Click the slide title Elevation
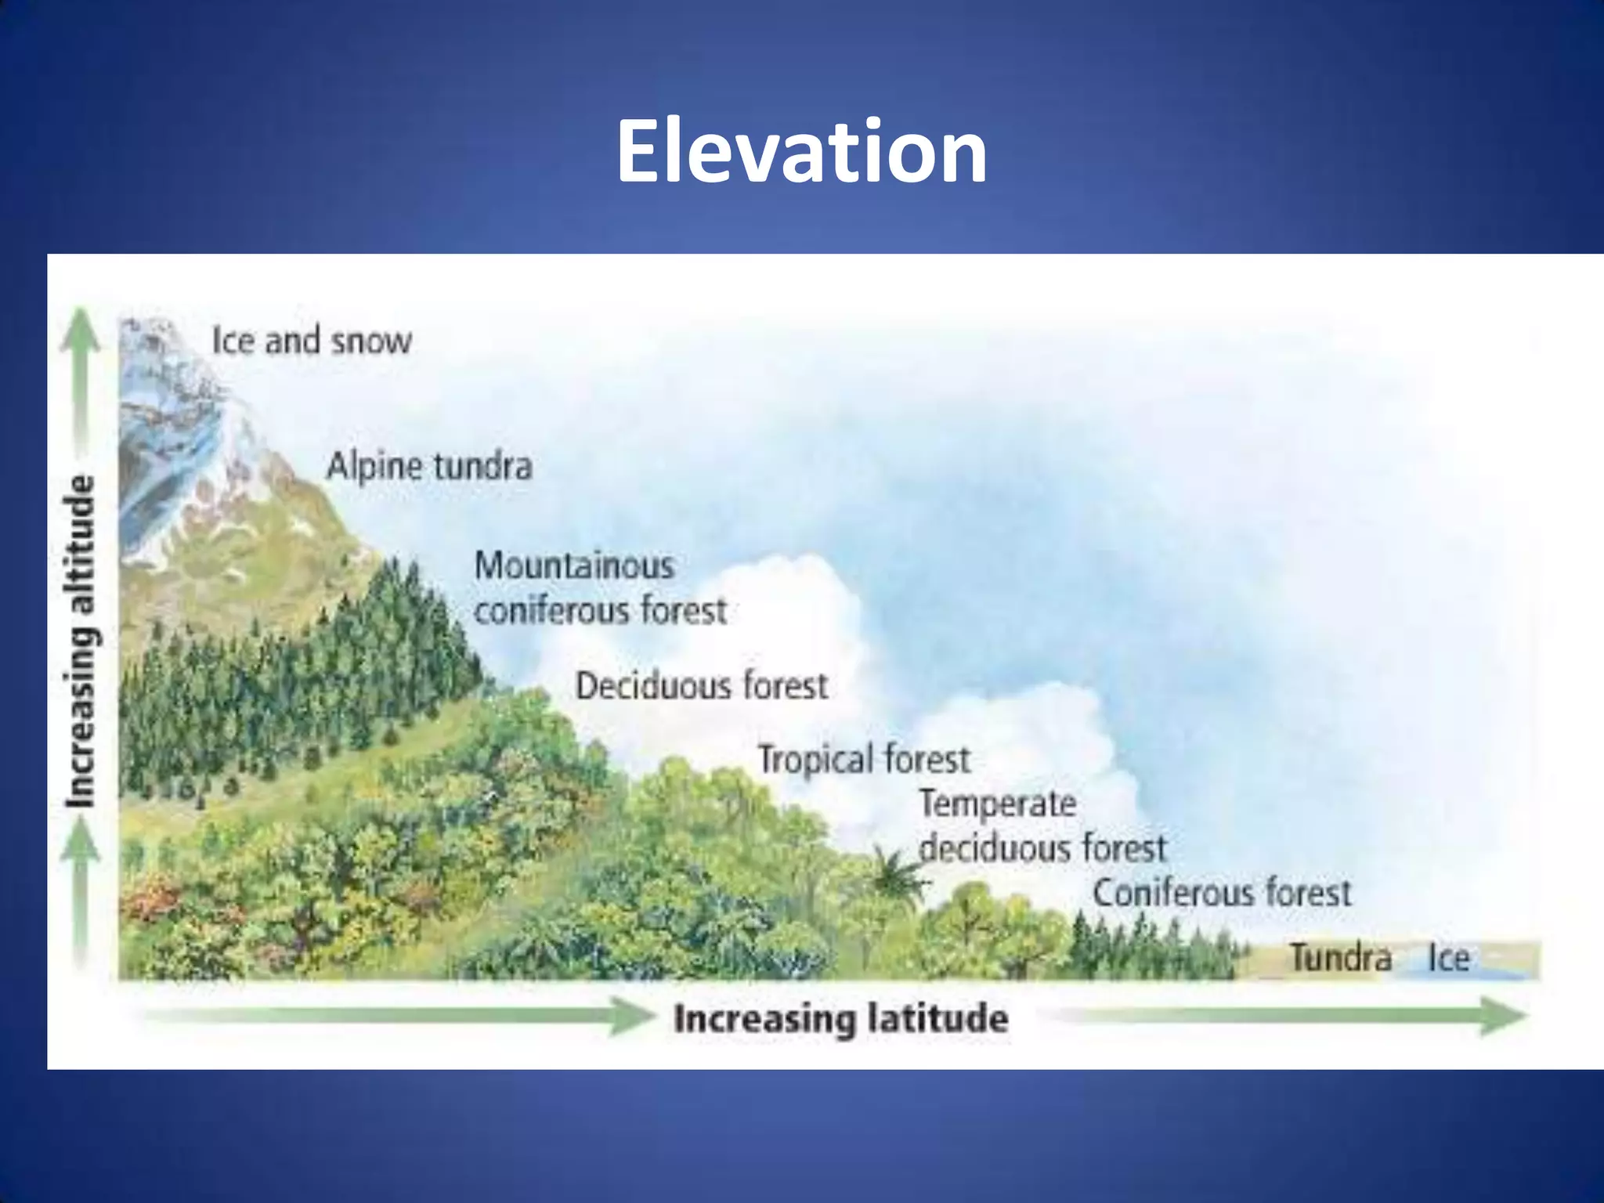point(800,150)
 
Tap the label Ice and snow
point(311,341)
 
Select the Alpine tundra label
point(429,467)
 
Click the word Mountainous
point(574,565)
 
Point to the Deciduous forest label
point(702,686)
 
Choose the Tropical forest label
point(864,759)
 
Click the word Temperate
point(998,804)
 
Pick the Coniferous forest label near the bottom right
point(1222,893)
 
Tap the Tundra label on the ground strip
point(1341,957)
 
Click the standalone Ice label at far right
point(1448,958)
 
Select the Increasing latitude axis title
point(841,1019)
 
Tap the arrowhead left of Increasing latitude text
point(633,1017)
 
